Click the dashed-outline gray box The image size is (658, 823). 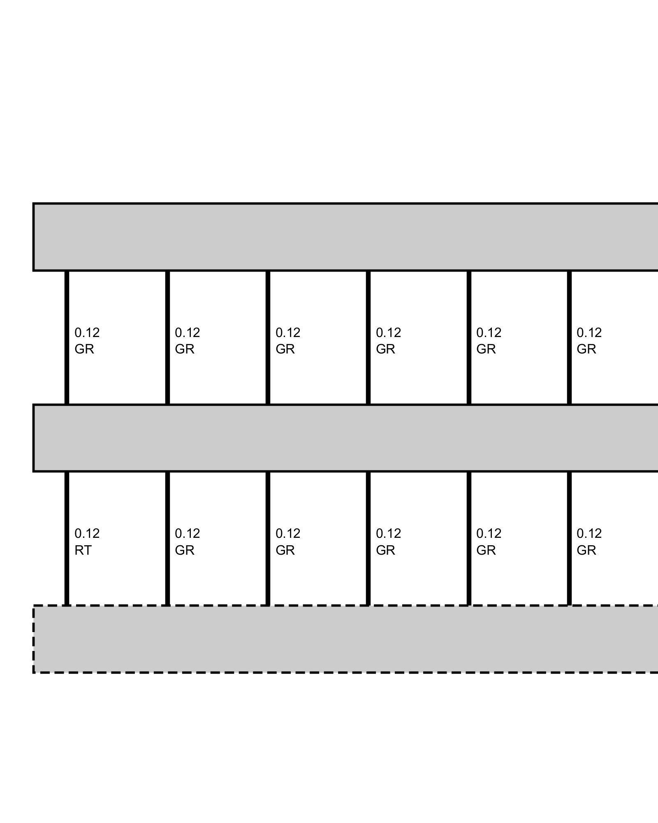[x=345, y=639]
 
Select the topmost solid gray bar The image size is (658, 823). [x=345, y=237]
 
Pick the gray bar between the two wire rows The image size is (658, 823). [x=345, y=438]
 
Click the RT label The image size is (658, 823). [x=83, y=551]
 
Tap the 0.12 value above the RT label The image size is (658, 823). [x=87, y=534]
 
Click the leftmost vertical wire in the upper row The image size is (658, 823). [x=67, y=337]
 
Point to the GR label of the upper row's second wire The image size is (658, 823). [x=185, y=349]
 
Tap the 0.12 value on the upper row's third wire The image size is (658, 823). [x=288, y=332]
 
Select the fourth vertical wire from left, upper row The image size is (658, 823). [x=368, y=337]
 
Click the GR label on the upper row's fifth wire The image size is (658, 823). [x=486, y=349]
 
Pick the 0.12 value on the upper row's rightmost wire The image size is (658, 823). [x=589, y=332]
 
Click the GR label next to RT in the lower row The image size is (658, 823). [x=185, y=551]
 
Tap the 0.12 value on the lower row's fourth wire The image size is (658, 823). [x=388, y=534]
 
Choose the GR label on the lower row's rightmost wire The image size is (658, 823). [x=586, y=551]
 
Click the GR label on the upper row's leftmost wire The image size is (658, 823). [x=84, y=349]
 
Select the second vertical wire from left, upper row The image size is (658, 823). [x=168, y=337]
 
